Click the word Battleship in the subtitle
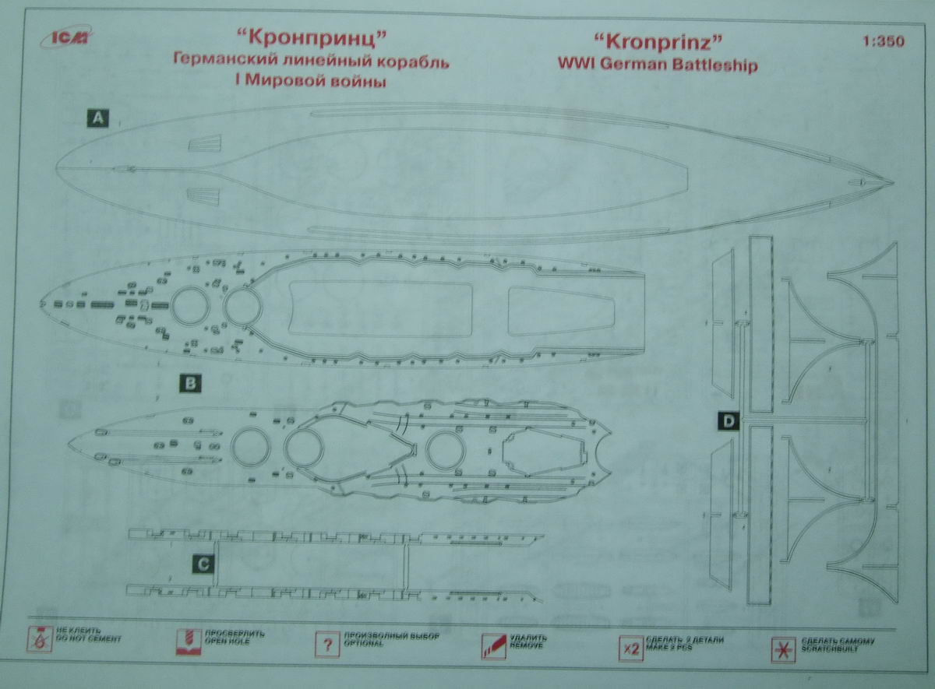(x=717, y=66)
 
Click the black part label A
(x=98, y=118)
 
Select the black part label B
(x=189, y=382)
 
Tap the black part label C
(x=202, y=565)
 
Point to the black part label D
(x=728, y=422)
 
